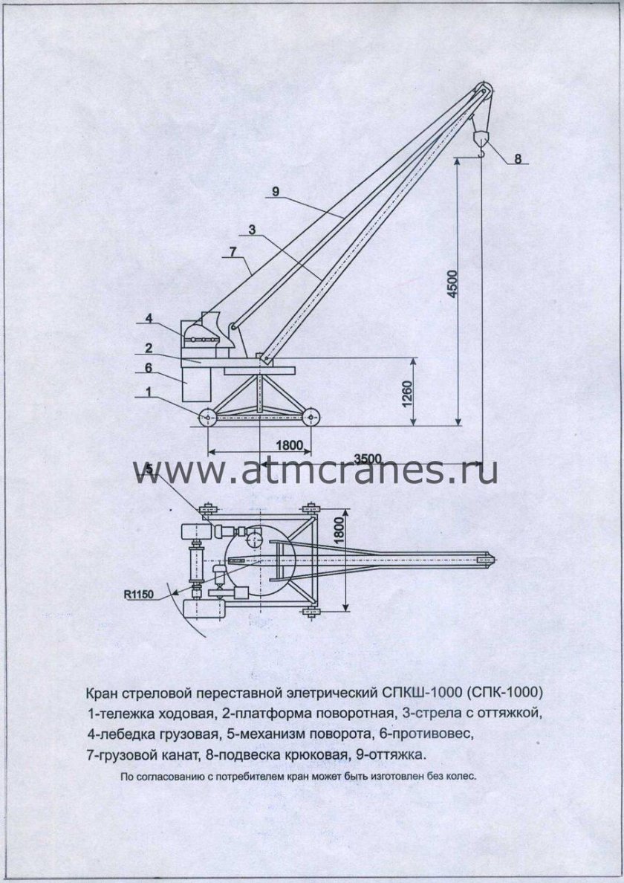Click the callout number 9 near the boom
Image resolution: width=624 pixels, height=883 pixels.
click(x=275, y=192)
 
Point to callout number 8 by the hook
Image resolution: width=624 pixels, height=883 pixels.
click(x=518, y=158)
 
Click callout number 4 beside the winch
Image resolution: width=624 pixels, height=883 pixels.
click(x=149, y=319)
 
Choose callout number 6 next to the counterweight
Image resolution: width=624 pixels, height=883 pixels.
click(x=149, y=367)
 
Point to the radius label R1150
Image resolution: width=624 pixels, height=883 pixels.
click(x=139, y=595)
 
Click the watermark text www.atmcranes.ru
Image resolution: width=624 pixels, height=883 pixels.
click(x=315, y=471)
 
